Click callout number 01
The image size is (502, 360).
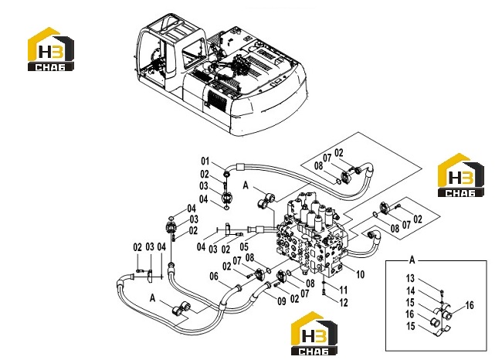pos(205,161)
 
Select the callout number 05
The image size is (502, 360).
pos(244,246)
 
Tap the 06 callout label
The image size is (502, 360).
pos(214,276)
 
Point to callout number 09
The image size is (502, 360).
pos(282,301)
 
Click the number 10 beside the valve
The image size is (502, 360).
pos(360,274)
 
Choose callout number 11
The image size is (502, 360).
pos(343,290)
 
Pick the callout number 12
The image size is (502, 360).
pos(343,302)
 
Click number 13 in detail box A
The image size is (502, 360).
pos(410,279)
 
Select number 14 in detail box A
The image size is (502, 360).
pos(410,291)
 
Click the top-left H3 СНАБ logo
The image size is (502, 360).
pos(51,49)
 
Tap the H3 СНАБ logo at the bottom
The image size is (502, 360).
pos(314,333)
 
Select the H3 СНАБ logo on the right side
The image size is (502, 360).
pos(461,175)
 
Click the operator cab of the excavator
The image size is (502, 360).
pos(170,54)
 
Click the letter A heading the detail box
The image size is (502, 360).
pos(412,260)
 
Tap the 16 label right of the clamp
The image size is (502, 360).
pos(470,305)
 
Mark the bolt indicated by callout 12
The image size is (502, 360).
pos(324,292)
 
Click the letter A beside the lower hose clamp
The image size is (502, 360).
pos(153,298)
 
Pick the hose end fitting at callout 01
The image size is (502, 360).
pos(227,174)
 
